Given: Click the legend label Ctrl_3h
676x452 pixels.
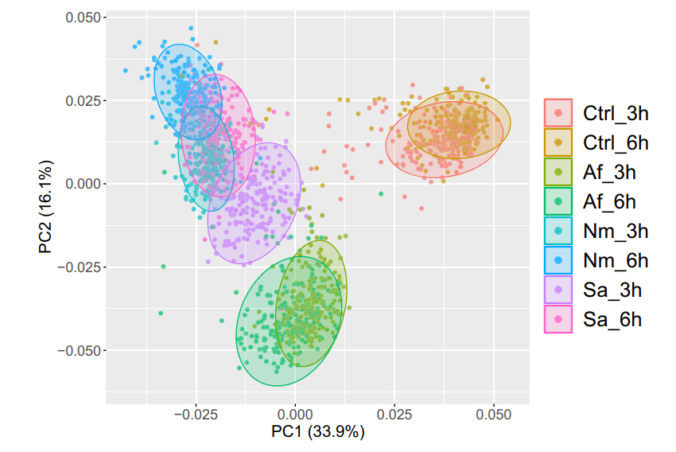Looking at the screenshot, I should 616,113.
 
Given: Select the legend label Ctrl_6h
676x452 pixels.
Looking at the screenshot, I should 616,142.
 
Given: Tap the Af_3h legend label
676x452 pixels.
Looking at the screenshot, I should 610,172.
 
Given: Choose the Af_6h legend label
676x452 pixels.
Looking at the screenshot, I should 610,201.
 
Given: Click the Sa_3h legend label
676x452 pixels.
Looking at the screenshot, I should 612,290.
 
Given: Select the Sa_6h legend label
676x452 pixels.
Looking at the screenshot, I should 612,319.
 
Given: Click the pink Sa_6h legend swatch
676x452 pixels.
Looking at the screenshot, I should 558,319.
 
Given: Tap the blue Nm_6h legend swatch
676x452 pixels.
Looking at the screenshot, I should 558,260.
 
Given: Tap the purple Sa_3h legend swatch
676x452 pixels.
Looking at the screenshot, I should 558,290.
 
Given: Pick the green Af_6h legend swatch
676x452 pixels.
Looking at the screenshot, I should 558,201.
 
